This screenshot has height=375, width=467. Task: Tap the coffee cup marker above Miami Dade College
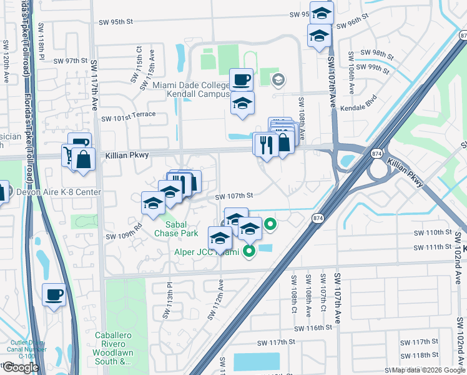coord(241,80)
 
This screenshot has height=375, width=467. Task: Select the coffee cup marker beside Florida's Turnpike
coord(54,294)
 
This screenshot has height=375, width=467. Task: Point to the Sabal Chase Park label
coord(182,229)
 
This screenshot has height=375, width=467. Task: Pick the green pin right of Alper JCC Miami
coord(249,252)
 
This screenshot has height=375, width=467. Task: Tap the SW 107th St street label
coord(234,196)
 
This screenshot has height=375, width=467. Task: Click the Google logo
coord(21,367)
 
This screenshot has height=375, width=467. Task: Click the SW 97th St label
coord(70,61)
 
